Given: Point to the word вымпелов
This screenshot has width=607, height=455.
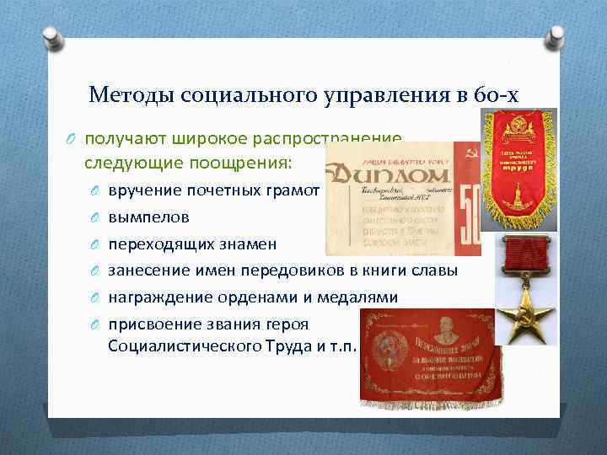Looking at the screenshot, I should (148, 217).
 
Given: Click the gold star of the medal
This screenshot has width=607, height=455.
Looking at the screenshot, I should (516, 316).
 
